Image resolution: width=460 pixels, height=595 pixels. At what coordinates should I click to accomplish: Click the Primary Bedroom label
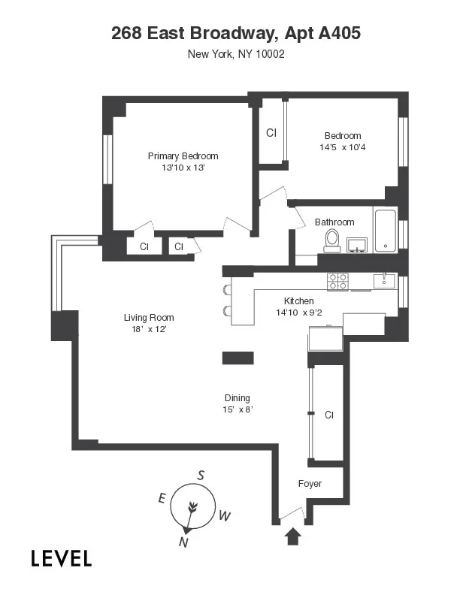[x=183, y=156]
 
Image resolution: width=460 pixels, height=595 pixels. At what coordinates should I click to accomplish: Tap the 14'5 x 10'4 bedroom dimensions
[x=342, y=147]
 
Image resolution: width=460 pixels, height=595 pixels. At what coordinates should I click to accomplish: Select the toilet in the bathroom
[x=331, y=240]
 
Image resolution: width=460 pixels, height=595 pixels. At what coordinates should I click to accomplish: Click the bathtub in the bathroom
[x=385, y=231]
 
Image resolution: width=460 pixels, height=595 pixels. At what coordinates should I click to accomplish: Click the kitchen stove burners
[x=337, y=281]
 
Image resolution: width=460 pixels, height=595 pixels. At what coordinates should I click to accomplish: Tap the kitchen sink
[x=383, y=280]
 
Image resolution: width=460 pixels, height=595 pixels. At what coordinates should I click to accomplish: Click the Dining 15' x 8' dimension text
[x=237, y=409]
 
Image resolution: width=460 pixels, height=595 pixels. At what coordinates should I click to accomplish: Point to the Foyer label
[x=310, y=484]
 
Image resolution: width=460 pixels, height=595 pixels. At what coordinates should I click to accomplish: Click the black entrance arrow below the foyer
[x=293, y=536]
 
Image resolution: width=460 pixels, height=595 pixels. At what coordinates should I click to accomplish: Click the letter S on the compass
[x=201, y=475]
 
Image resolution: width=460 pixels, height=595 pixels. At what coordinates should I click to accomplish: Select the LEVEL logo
[x=62, y=558]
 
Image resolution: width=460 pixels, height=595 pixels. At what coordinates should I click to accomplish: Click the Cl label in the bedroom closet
[x=271, y=133]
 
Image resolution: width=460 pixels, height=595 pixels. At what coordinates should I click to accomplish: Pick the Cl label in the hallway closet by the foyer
[x=328, y=415]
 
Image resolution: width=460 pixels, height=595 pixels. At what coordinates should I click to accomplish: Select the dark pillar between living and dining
[x=238, y=357]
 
